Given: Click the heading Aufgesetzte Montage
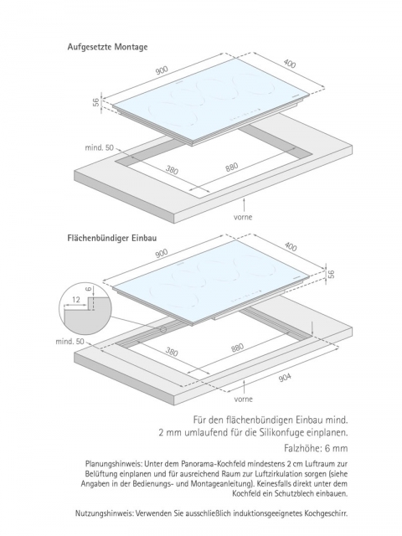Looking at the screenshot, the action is coord(107,47).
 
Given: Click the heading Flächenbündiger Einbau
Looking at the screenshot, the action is coord(111,238).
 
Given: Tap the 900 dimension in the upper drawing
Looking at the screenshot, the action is coord(162,70).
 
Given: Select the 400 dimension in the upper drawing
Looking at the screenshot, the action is coord(290,64).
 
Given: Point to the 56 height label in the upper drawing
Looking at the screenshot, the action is coord(96,101).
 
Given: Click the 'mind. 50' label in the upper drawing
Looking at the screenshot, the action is coord(99,147).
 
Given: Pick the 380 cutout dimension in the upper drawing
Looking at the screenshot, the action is coord(172,169).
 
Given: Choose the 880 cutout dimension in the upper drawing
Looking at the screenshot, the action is coord(231,167).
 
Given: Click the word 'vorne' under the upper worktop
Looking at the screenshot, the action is coord(243,217).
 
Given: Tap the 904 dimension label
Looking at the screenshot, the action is coord(285,377).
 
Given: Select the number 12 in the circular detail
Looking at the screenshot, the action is coord(76,300).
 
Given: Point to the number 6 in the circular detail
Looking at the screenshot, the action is coord(89,289).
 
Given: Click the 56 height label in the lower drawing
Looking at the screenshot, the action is coord(331,274).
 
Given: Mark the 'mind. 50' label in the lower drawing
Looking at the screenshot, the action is coord(70,342).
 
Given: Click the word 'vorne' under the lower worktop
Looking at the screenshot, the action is coord(244,399).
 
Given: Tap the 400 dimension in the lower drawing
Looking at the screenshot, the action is coord(291,246).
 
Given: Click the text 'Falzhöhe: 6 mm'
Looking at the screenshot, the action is coord(316,448).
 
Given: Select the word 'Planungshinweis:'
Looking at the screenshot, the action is coord(114,464).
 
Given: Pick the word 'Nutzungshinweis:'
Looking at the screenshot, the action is coord(105,513).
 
